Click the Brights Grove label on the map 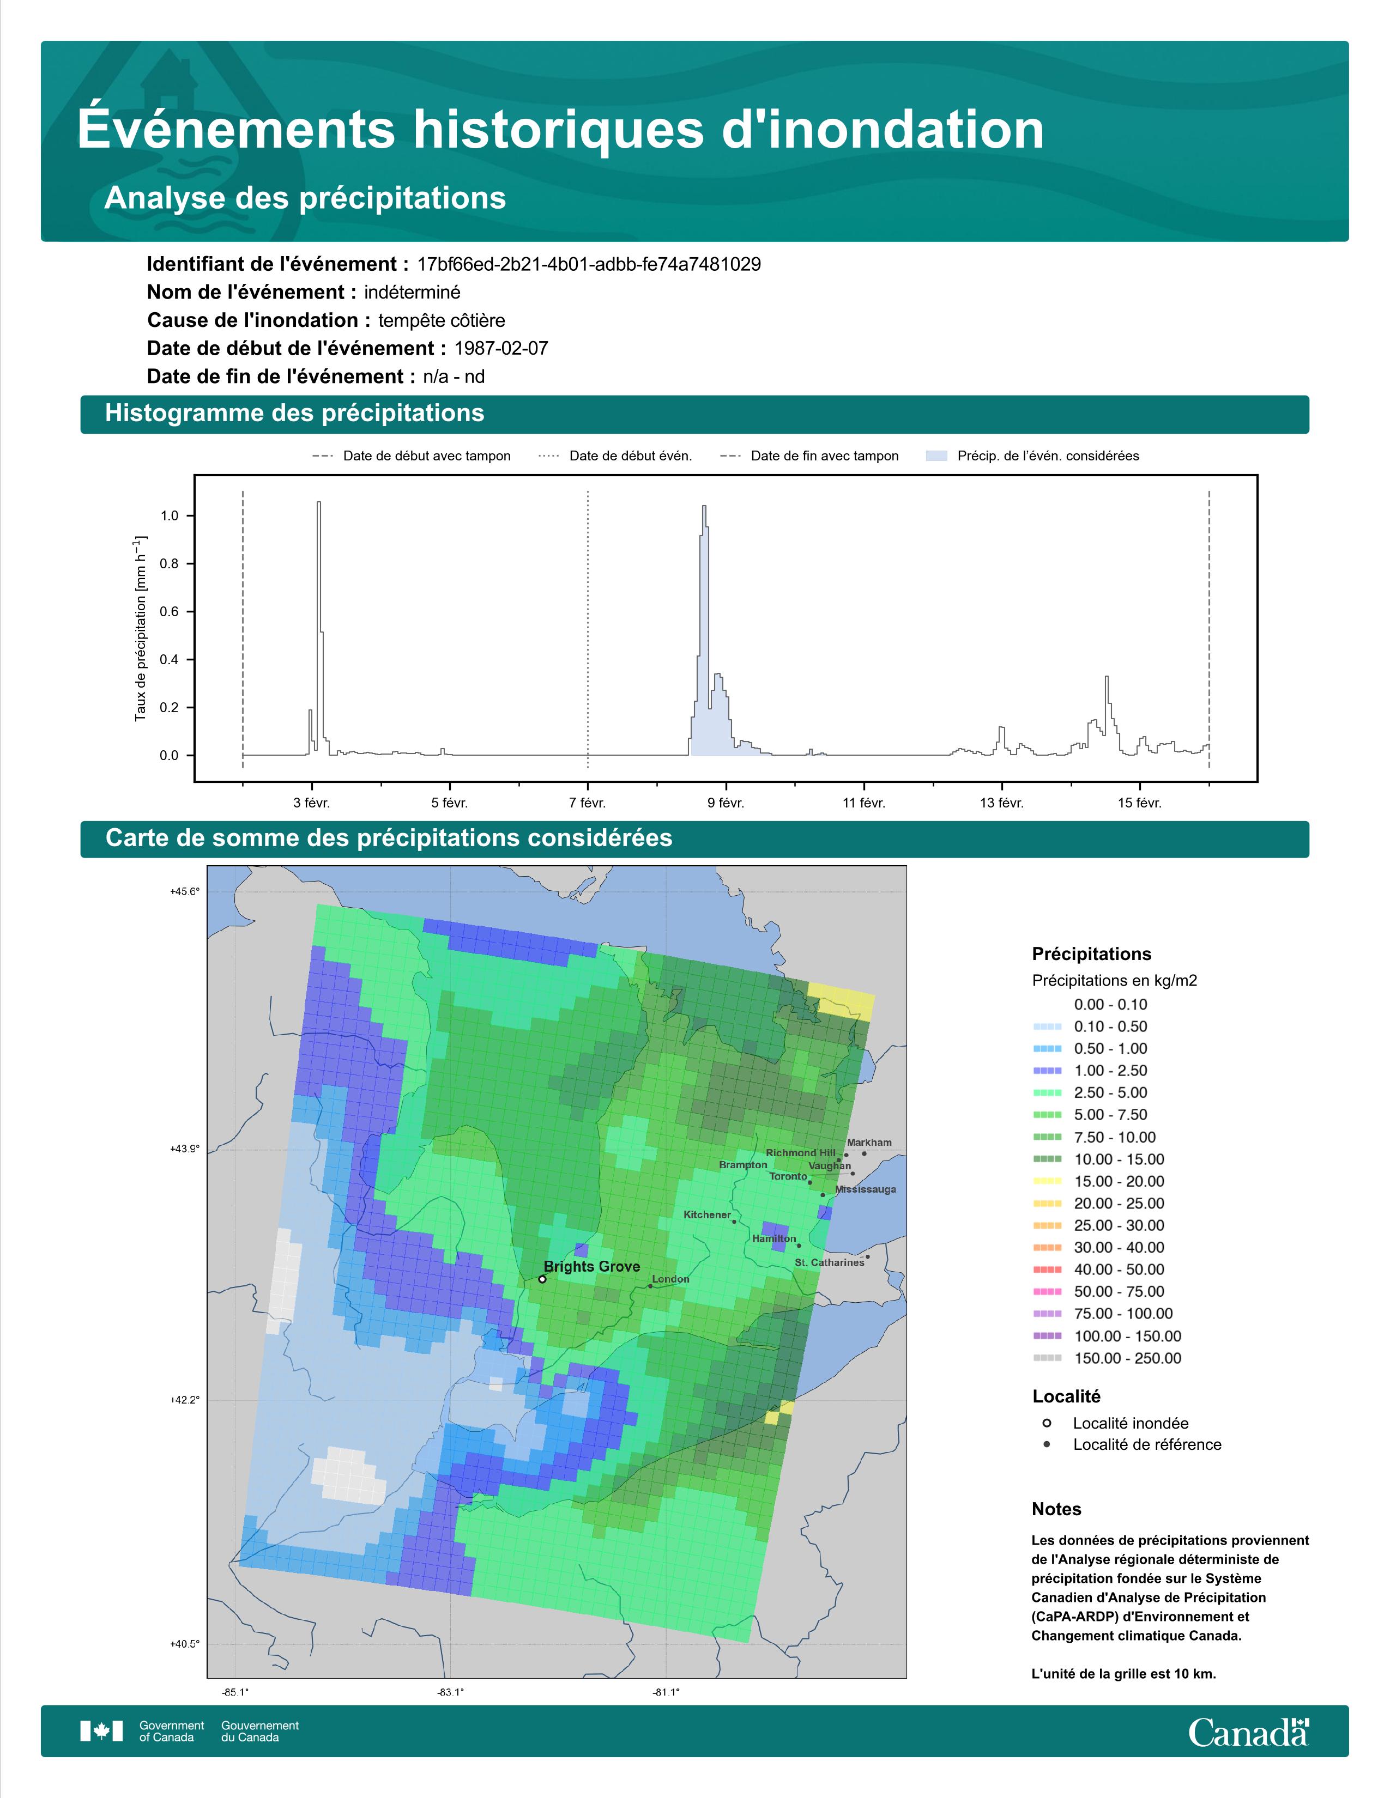tap(591, 1266)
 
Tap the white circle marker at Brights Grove tap(542, 1279)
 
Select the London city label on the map tap(670, 1279)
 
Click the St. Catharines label tap(829, 1262)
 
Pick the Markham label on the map tap(869, 1142)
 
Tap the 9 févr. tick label tap(726, 803)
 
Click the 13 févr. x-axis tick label tap(1001, 803)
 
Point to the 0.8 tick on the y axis tap(169, 564)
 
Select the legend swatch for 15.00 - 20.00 tap(1047, 1181)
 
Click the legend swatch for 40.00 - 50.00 tap(1047, 1269)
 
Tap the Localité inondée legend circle tap(1047, 1423)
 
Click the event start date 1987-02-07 tap(500, 348)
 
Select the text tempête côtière tap(442, 320)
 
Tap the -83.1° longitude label tap(450, 1693)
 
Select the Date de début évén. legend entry tap(615, 455)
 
